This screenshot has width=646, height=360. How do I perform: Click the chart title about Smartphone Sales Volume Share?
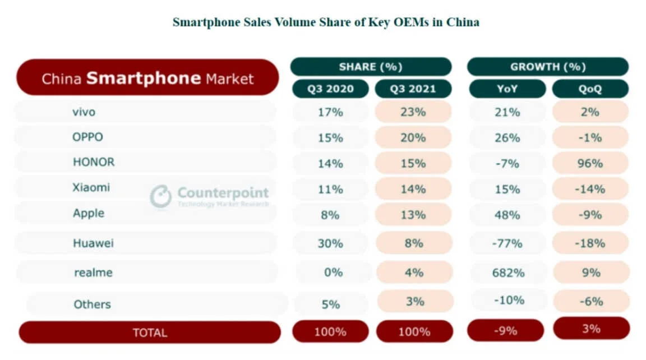pos(325,22)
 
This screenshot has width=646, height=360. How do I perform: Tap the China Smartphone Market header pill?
pos(147,78)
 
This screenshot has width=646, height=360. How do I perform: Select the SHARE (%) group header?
pos(371,67)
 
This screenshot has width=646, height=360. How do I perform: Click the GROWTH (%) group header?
pos(547,67)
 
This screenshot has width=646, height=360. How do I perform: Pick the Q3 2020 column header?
pos(330,89)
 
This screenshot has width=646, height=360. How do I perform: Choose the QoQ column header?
pos(590,89)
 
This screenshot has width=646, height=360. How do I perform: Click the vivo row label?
pos(84,112)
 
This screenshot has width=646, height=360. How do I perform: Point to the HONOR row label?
pos(94,162)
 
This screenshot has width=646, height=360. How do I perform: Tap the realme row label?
pos(93,273)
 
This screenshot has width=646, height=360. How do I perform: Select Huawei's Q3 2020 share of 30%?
pos(330,243)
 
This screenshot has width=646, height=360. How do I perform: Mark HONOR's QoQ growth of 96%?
pos(590,163)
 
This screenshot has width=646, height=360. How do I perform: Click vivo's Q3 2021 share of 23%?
pos(413,112)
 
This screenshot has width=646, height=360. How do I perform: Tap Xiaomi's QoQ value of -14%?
pos(590,189)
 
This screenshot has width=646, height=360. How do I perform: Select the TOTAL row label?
pos(150,333)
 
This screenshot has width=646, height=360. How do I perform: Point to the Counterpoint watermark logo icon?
pos(160,196)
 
